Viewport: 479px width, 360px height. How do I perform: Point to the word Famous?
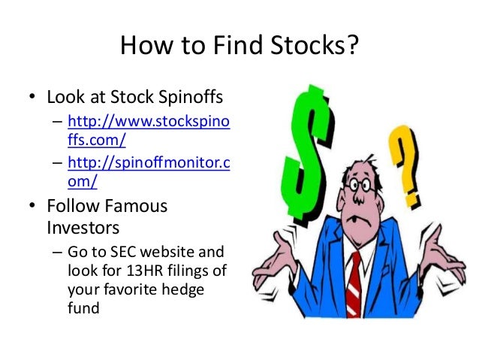tap(131, 204)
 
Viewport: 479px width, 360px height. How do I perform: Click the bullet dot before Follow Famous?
tap(32, 205)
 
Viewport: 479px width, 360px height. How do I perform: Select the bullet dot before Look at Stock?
tap(32, 98)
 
